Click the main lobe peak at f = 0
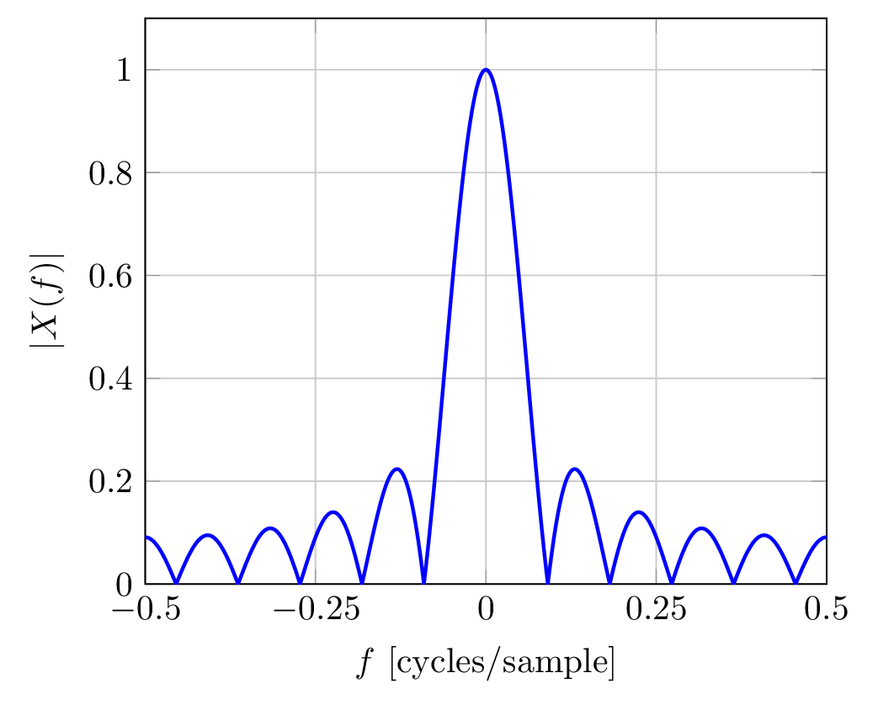[486, 70]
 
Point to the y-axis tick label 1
[124, 70]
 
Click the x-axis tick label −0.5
[145, 608]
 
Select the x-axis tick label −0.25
[315, 608]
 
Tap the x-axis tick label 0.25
[657, 608]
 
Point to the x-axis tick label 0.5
[827, 608]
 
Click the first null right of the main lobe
[548, 582]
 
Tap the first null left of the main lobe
[423, 582]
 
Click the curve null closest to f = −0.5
[176, 582]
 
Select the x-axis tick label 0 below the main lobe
[486, 608]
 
